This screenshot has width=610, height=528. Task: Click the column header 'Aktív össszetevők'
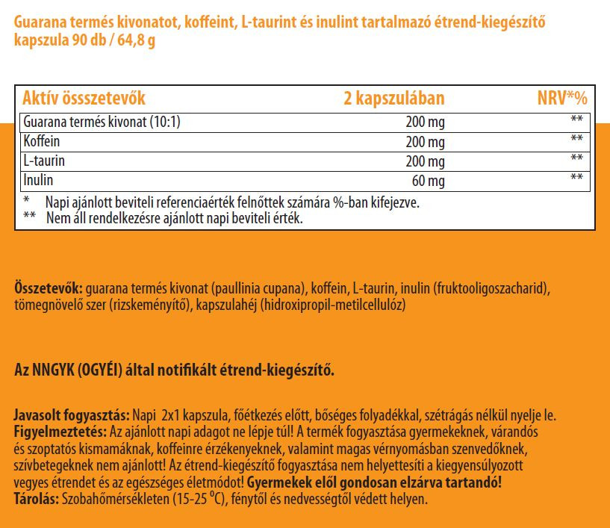coord(84,99)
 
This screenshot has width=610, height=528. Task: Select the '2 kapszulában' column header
coord(393,99)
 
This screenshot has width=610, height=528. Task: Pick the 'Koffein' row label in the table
coord(42,141)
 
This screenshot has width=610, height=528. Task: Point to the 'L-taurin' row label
coord(45,161)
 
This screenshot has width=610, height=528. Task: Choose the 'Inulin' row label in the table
coord(39,180)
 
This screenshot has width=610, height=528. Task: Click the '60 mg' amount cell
coord(429,181)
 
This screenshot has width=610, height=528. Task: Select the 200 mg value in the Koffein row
coord(426,142)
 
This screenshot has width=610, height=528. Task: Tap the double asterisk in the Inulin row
coord(576,178)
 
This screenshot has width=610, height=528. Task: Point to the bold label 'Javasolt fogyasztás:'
coord(72,415)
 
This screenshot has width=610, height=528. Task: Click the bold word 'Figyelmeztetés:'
coord(60,432)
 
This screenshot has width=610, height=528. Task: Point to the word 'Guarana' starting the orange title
coord(43,23)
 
